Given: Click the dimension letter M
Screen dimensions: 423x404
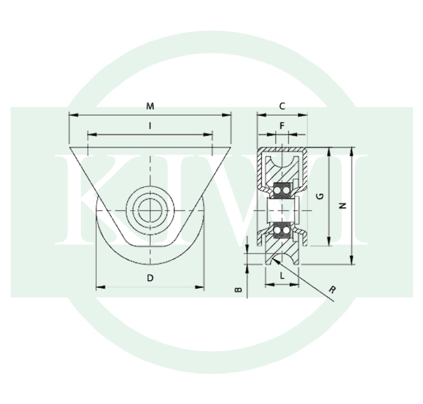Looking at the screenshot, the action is (x=150, y=106).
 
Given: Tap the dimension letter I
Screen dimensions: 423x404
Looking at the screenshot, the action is (x=150, y=126).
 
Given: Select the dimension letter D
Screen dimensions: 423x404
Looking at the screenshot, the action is (x=150, y=278).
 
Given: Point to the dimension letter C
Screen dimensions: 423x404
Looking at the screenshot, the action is (x=282, y=106).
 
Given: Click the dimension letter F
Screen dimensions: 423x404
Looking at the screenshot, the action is (x=282, y=126).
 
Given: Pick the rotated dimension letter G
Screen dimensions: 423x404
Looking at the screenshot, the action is (x=320, y=196).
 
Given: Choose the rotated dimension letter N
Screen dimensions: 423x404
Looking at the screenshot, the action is (x=343, y=206).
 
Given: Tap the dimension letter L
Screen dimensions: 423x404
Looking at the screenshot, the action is (x=282, y=276).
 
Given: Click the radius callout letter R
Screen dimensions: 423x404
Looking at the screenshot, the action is (x=333, y=290).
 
